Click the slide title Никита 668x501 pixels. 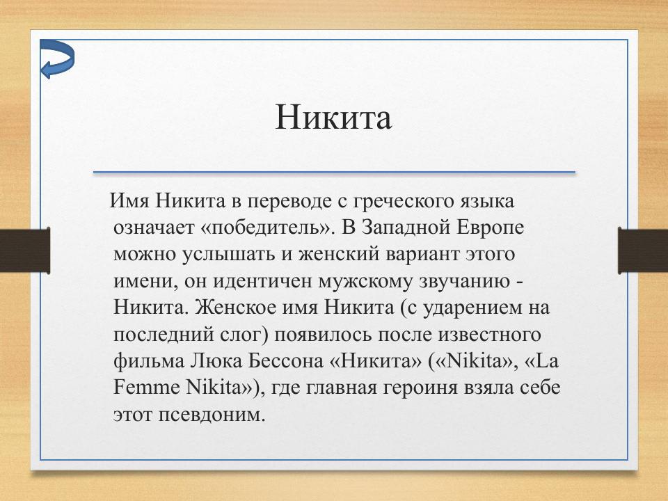pyautogui.click(x=333, y=117)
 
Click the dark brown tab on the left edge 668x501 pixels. pyautogui.click(x=24, y=251)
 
